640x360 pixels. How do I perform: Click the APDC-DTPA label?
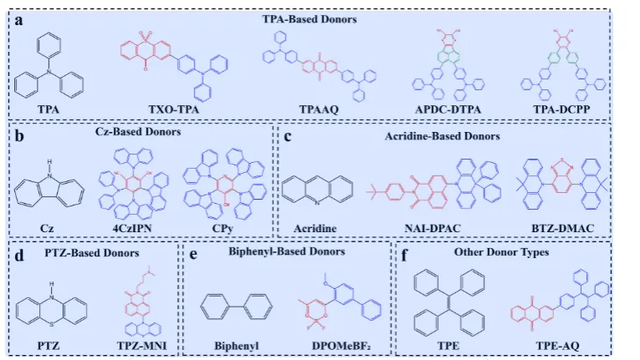click(x=454, y=109)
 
